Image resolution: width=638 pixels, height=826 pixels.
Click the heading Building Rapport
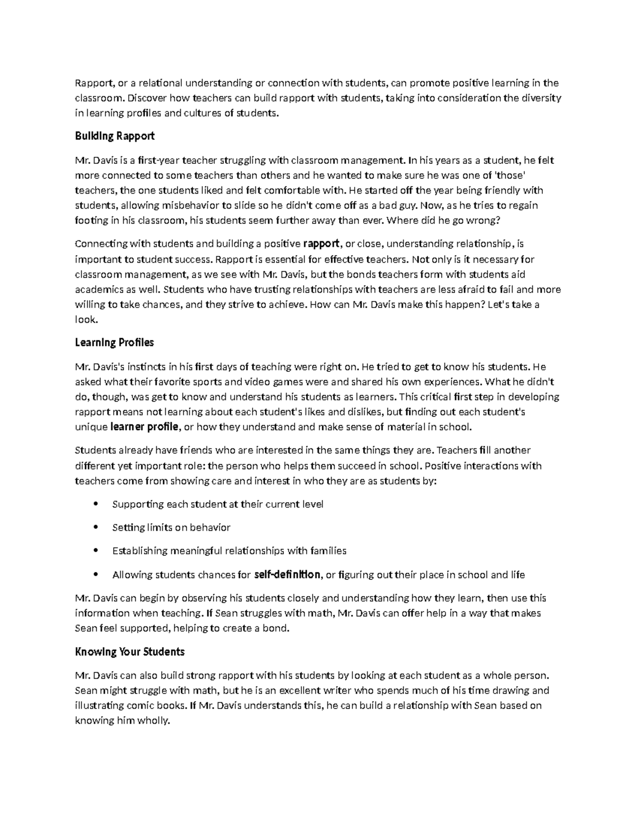point(115,136)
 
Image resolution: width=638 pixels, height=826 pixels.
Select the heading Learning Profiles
point(114,343)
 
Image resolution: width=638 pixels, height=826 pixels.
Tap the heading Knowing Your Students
point(130,652)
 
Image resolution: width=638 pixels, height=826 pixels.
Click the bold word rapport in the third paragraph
point(321,244)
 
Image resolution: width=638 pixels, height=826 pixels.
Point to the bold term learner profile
point(145,427)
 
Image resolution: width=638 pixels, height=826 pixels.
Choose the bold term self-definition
point(288,574)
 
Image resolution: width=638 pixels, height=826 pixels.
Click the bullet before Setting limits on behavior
point(96,528)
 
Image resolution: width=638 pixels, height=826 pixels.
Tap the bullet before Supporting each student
point(96,504)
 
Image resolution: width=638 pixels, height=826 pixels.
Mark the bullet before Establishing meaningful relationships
point(96,551)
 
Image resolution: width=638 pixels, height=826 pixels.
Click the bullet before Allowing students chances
point(96,574)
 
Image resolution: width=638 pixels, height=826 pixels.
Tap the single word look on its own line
point(86,320)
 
